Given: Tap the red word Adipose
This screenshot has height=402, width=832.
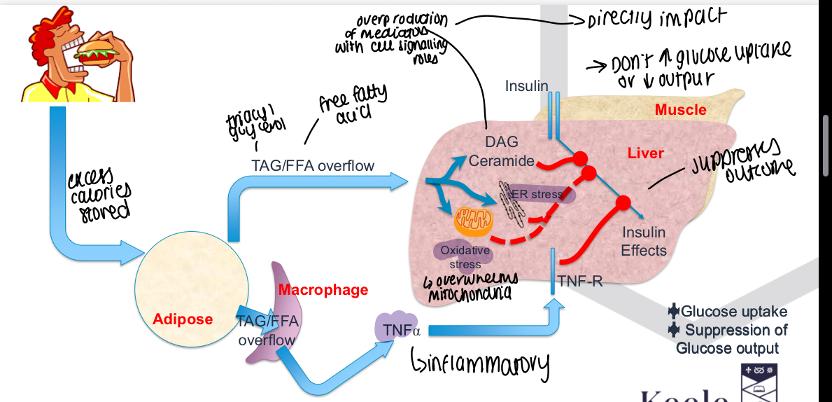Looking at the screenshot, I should coord(183,319).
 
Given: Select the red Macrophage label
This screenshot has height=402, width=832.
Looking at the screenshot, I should coord(323,289).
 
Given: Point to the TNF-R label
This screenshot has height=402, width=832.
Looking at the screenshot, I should coord(580,282).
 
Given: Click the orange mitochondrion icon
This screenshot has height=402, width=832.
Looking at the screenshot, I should coord(474,220).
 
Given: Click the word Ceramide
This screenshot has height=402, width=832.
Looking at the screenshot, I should coord(501,161).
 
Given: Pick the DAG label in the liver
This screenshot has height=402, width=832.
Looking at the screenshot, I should coord(501,143).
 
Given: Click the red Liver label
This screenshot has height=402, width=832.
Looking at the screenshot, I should coord(646,152).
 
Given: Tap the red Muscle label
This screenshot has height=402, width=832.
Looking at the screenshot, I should coord(680,109).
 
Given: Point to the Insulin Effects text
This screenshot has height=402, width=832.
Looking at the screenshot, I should coord(644,241).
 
